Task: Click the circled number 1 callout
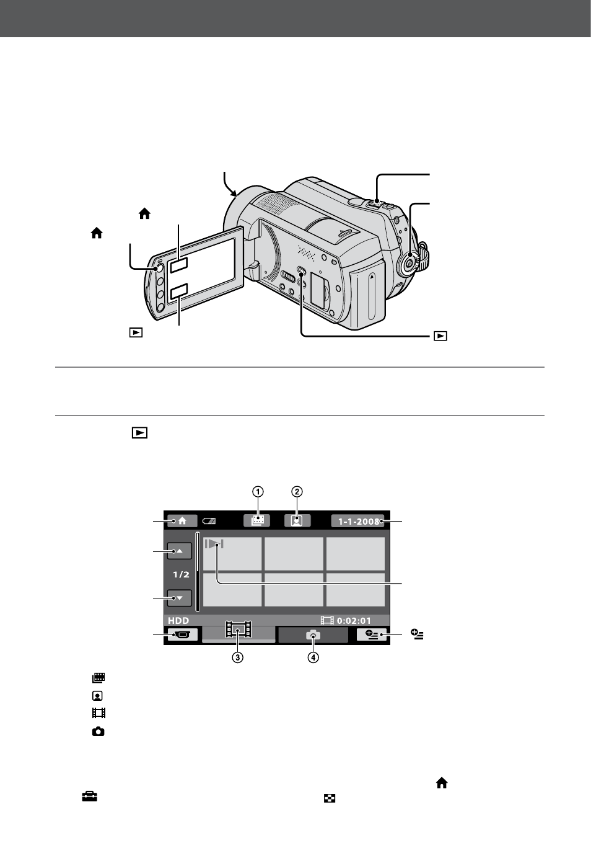tap(258, 491)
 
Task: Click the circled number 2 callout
tap(297, 491)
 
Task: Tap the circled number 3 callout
tap(238, 657)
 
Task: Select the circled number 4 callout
tap(313, 657)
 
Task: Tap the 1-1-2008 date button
tap(358, 521)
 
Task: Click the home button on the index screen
tap(182, 521)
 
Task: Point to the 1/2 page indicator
tap(181, 574)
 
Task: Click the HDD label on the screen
tap(178, 620)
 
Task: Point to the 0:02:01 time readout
tap(354, 621)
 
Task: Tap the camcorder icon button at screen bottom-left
tap(183, 634)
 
